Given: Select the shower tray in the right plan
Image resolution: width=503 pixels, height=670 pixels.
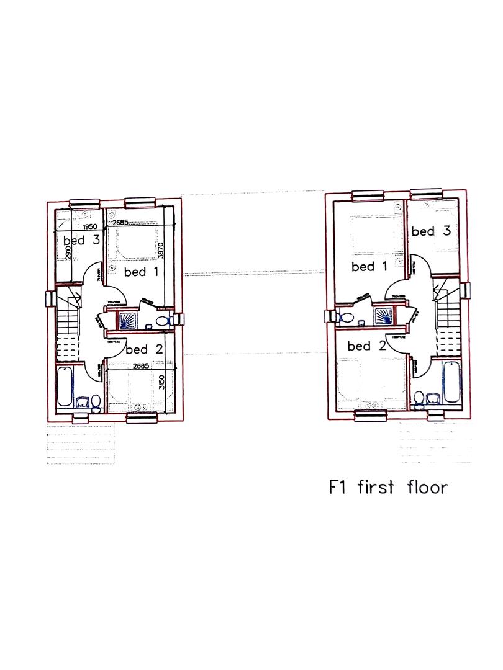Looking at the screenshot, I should coord(383,315).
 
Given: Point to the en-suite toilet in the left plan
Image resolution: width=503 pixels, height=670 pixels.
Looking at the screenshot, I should coord(163,321).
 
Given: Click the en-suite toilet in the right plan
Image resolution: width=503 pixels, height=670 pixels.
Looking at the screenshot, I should coord(347,317).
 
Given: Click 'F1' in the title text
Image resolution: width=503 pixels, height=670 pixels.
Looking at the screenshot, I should coord(338,487).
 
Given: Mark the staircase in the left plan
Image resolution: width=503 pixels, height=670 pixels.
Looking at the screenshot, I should coord(68,329).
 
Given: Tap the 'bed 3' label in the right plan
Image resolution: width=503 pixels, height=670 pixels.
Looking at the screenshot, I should coord(430,231).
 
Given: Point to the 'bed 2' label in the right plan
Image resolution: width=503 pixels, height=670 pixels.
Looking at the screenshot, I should coord(367,346).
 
